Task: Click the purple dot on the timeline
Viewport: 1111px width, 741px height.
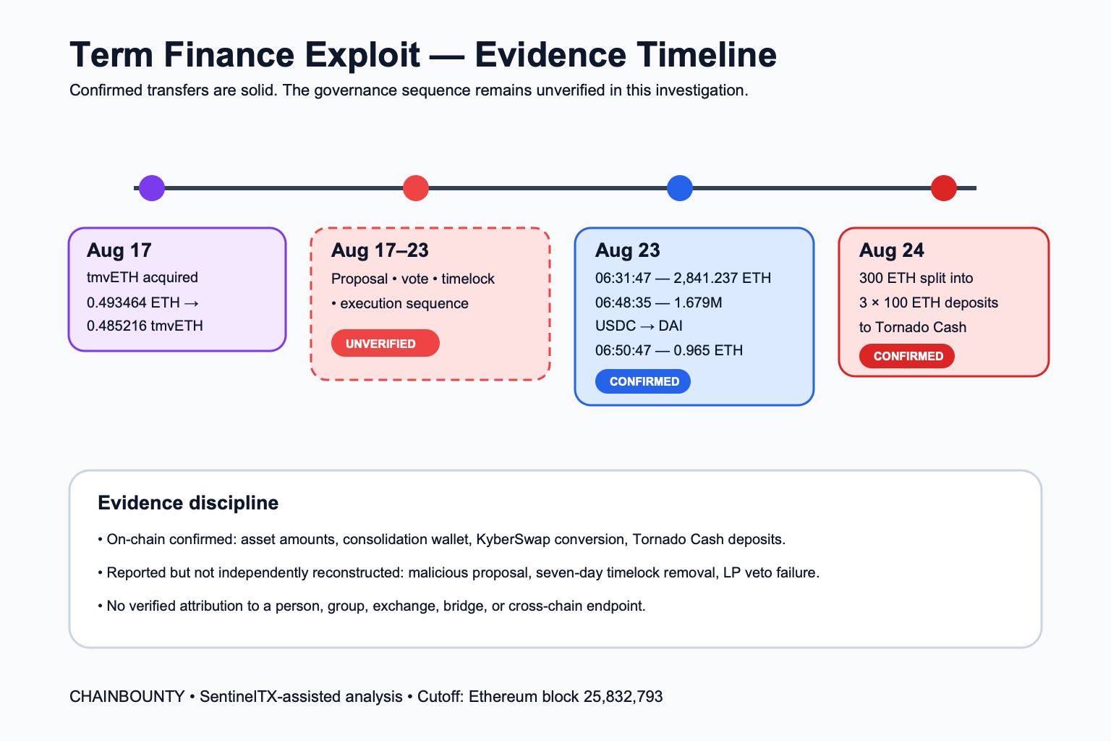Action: (x=152, y=188)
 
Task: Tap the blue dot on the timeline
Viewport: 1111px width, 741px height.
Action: (x=679, y=188)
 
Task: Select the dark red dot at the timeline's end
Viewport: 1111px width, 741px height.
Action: (x=943, y=188)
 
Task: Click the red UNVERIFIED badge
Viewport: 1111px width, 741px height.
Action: (x=386, y=343)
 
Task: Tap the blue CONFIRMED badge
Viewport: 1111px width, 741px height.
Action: (x=643, y=381)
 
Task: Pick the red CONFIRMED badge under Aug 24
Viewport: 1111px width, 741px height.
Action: (x=906, y=356)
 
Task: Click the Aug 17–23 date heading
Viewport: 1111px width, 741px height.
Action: (x=380, y=250)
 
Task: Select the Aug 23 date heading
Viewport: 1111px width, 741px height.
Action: (x=627, y=250)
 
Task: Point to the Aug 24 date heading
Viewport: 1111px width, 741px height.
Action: (x=891, y=250)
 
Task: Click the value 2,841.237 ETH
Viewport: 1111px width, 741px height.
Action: (x=722, y=278)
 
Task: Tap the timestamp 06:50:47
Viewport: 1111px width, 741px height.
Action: (x=623, y=350)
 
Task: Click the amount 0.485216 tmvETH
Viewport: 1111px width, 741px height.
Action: (x=145, y=326)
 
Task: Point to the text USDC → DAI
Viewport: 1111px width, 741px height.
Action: (x=639, y=326)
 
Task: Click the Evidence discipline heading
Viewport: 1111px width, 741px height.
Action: (x=188, y=503)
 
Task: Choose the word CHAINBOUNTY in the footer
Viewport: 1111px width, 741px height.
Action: (x=127, y=696)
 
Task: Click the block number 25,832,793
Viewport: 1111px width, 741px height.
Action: (x=623, y=697)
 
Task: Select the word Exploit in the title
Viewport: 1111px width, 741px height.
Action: (x=362, y=54)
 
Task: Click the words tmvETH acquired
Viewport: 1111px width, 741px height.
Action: (x=142, y=277)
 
